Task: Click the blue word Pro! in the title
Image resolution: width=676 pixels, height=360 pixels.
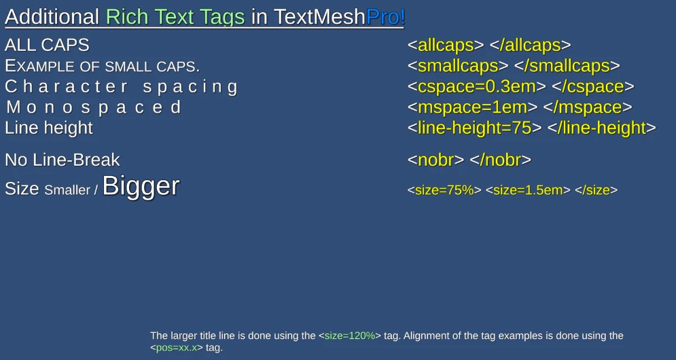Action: (385, 17)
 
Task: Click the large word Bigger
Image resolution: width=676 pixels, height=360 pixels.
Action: (141, 186)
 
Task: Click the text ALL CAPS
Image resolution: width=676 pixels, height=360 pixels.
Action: (47, 46)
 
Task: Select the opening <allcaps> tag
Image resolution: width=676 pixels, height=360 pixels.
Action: (446, 46)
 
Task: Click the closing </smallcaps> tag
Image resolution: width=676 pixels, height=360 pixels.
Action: (567, 66)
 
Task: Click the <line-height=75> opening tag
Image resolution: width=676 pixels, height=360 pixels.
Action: (474, 128)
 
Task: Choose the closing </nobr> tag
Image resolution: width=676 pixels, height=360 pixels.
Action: (501, 160)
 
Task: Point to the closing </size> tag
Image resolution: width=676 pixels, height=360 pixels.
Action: (597, 190)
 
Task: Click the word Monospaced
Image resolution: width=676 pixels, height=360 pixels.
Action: (94, 107)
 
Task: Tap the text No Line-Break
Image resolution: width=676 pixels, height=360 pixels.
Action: (62, 160)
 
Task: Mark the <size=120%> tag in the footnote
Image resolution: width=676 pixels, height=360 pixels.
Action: (350, 336)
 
